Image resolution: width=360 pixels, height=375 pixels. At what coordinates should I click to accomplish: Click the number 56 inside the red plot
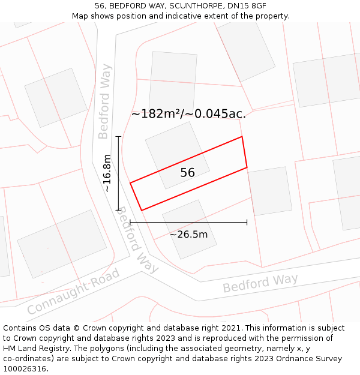(188, 173)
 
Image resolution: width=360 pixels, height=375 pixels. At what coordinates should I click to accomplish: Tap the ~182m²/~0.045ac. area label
(188, 114)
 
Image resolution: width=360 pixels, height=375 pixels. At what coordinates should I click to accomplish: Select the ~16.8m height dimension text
(107, 173)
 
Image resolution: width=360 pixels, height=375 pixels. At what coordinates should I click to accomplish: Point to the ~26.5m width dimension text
(188, 235)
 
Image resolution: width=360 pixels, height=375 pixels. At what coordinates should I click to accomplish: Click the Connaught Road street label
(73, 293)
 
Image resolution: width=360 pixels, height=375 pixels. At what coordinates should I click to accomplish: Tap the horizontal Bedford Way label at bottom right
(260, 283)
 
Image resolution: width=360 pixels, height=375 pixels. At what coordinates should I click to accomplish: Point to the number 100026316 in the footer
(25, 369)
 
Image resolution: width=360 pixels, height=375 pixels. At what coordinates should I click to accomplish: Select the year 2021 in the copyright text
(230, 328)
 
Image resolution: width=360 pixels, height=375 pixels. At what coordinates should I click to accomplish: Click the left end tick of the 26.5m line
(130, 223)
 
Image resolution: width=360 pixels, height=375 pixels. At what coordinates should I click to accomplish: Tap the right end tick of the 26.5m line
(247, 223)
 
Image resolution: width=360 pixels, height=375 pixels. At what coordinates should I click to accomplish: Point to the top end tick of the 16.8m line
(118, 137)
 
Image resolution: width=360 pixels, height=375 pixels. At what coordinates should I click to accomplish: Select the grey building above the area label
(173, 81)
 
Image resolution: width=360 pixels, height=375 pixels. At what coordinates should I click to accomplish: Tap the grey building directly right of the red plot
(270, 191)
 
